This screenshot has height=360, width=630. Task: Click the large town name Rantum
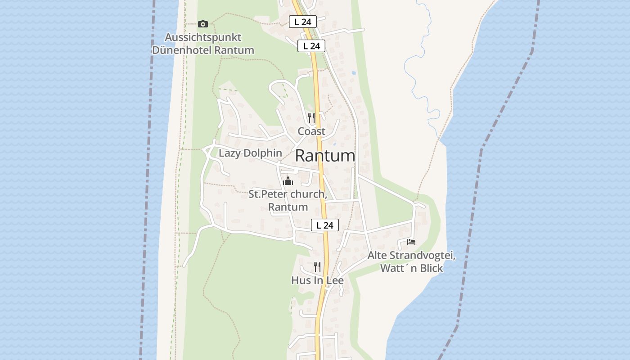325,156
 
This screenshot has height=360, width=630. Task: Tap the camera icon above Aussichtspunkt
203,24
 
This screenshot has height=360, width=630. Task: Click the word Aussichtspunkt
203,37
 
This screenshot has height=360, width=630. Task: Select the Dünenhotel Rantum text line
203,50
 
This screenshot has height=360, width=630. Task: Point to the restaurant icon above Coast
311,118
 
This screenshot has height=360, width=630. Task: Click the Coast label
311,131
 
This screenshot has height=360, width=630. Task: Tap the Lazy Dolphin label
250,153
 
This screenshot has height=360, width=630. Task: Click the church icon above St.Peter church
288,181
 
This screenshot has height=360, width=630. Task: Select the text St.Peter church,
288,194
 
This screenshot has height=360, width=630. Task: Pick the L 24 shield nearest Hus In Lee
324,225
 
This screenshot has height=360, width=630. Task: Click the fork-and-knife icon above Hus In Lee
317,266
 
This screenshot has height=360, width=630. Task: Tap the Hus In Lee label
317,280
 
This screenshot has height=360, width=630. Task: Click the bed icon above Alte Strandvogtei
411,242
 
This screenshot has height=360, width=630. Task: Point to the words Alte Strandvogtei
411,256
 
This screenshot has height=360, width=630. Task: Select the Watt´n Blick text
411,268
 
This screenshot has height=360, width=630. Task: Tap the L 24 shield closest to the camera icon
303,21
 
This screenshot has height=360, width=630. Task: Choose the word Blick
430,268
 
